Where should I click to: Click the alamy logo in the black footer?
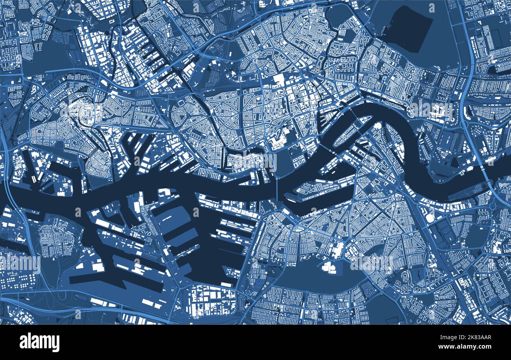(39, 342)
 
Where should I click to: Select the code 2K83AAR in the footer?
(474, 337)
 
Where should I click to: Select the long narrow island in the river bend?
(352, 132)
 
